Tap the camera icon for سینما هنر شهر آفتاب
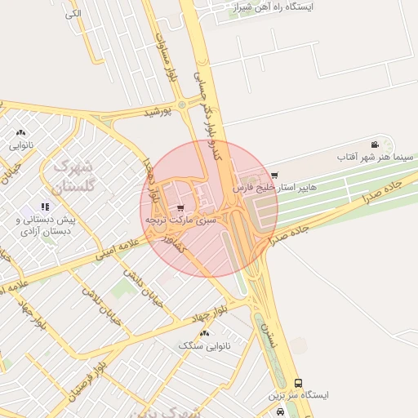[375, 144]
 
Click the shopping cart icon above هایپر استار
[274, 175]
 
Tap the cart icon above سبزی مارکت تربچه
[180, 207]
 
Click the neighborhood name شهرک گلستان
[74, 176]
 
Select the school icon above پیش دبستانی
[44, 207]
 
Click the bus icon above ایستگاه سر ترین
[297, 383]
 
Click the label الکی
[73, 14]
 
